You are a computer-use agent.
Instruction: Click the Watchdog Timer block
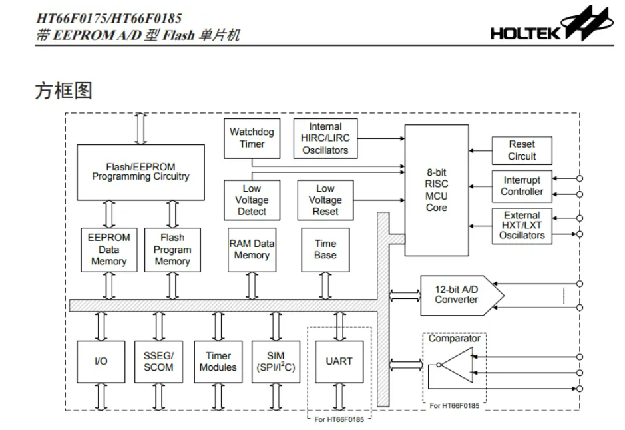[x=252, y=138]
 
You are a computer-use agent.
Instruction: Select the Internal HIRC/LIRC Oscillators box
[x=325, y=138]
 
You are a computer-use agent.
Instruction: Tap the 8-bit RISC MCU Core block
[x=437, y=190]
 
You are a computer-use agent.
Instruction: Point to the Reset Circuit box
[x=522, y=150]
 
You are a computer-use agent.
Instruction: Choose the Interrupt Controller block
[x=522, y=186]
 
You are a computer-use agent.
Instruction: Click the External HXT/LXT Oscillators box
[x=522, y=226]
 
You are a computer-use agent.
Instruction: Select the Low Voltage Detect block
[x=252, y=200]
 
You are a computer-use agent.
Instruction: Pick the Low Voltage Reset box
[x=325, y=200]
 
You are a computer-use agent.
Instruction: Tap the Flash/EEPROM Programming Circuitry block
[x=140, y=172]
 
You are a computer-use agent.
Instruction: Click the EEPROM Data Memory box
[x=108, y=250]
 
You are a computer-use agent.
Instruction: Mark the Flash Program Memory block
[x=172, y=250]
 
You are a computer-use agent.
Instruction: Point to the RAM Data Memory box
[x=252, y=250]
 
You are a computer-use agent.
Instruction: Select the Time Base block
[x=325, y=250]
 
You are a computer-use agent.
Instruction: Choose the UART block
[x=339, y=361]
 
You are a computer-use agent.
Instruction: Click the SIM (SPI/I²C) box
[x=275, y=361]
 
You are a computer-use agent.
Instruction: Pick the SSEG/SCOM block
[x=158, y=361]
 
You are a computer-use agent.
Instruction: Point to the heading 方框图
[x=63, y=91]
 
